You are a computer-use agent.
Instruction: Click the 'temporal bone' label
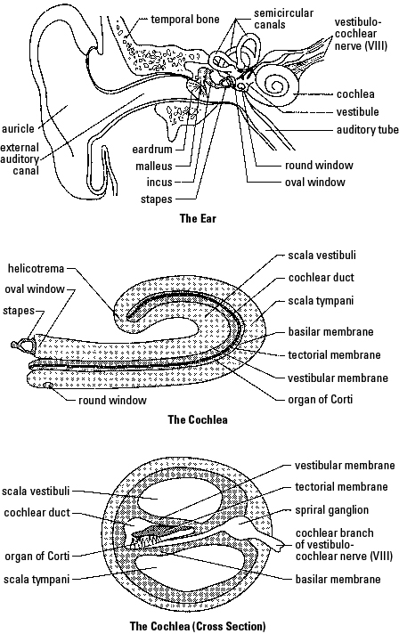(185, 19)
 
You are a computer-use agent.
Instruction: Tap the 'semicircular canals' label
(284, 19)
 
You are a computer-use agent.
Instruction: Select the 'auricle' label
(18, 128)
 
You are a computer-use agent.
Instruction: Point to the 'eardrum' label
(152, 150)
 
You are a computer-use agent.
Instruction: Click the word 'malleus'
(154, 167)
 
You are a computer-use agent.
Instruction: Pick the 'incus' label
(159, 183)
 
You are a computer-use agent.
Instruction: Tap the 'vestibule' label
(358, 111)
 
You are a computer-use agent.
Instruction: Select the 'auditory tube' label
(368, 130)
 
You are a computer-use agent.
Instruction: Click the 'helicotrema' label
(36, 269)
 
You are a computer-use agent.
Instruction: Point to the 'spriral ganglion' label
(331, 510)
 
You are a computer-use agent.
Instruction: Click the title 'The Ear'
(198, 218)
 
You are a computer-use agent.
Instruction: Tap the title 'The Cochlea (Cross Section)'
(198, 626)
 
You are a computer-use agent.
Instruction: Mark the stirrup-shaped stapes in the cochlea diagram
(22, 344)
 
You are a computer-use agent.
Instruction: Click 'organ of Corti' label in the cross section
(37, 556)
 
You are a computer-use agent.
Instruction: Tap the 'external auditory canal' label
(20, 158)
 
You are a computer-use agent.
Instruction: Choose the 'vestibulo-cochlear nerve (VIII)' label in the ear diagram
(361, 34)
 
